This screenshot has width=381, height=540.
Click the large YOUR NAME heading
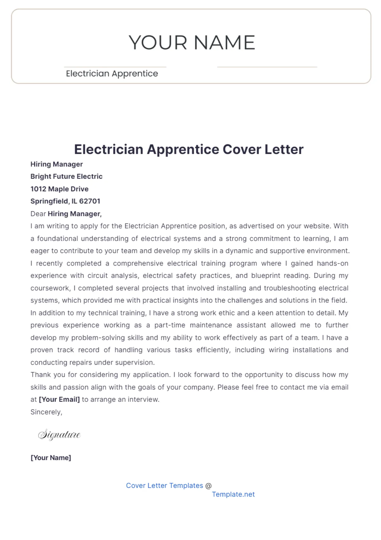[192, 43]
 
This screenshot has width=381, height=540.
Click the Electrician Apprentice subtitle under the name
[112, 74]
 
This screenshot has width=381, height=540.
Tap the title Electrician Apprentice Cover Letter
[189, 149]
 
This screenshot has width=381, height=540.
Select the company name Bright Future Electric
[66, 177]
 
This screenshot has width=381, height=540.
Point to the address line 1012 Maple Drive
[59, 189]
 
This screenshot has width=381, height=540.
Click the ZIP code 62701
[90, 201]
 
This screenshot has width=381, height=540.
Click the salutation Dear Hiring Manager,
[66, 214]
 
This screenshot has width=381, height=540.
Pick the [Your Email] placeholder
[59, 400]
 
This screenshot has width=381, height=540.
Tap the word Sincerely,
[46, 412]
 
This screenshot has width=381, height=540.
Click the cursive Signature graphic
[59, 435]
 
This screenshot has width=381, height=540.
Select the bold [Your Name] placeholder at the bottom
[51, 458]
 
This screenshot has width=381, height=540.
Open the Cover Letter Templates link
[164, 486]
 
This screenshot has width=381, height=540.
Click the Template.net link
[233, 495]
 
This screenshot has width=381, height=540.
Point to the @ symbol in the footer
[208, 486]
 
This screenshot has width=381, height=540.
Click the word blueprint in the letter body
[265, 276]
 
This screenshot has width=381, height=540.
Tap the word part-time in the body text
[170, 325]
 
